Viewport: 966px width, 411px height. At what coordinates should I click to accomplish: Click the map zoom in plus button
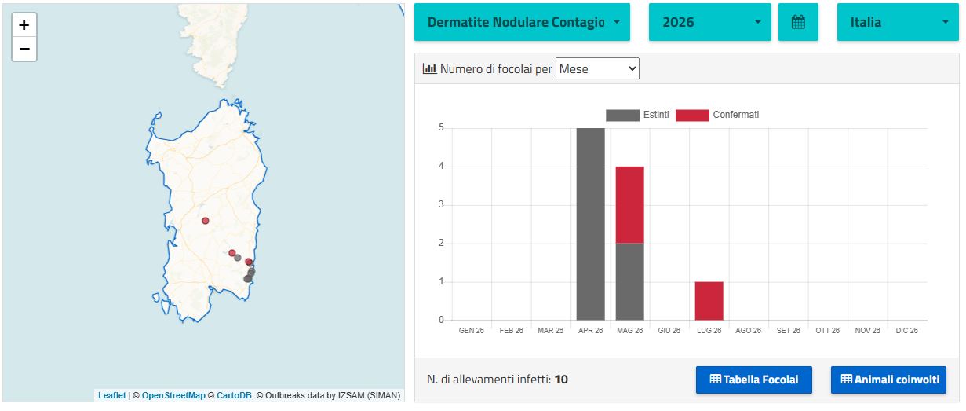pos(24,25)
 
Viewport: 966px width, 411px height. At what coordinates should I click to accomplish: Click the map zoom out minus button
pos(24,49)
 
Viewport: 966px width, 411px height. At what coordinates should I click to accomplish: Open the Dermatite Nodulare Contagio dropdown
pos(522,22)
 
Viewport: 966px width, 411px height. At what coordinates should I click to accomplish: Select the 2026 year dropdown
pos(710,22)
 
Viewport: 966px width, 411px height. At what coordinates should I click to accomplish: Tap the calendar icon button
pos(798,22)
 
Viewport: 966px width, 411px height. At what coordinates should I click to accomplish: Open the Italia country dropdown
pos(898,22)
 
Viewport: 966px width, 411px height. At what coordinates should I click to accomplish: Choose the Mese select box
pos(597,68)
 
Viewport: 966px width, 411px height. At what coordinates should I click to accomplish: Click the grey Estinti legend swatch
pos(622,116)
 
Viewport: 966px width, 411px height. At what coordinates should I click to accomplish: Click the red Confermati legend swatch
pos(692,116)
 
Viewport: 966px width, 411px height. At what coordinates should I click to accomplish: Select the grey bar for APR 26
pos(590,224)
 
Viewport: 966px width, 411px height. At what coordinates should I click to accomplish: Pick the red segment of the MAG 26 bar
pos(629,204)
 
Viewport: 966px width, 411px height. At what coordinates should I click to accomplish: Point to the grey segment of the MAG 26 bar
pos(629,281)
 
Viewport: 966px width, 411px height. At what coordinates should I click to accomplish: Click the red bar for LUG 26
pos(709,301)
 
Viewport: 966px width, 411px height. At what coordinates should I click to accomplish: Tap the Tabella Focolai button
pos(754,380)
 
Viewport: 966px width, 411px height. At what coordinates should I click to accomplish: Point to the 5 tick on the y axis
pos(441,127)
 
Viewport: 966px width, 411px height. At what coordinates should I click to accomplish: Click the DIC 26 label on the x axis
pos(906,330)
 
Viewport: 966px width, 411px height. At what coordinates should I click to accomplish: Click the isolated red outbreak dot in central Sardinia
pos(206,221)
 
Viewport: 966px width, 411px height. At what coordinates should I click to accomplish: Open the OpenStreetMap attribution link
pos(173,395)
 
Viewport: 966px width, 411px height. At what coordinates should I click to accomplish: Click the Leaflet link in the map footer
pos(112,395)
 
